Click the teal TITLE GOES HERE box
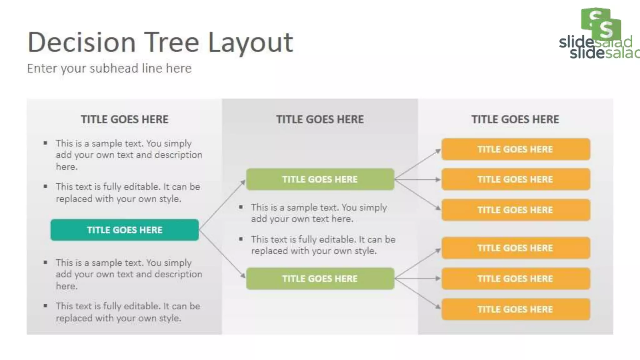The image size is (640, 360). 124,230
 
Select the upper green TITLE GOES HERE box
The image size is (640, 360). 320,179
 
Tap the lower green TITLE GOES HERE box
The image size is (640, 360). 320,278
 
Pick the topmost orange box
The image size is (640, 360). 516,149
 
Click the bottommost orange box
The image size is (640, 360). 516,309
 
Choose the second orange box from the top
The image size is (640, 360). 516,179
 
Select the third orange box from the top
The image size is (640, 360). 516,210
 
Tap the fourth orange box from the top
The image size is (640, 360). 516,248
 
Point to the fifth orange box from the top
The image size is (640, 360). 516,278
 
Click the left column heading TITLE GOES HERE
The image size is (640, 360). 124,119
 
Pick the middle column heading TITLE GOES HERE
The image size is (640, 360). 320,119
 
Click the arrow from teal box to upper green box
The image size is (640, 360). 222,205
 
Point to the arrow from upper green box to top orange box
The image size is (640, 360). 417,164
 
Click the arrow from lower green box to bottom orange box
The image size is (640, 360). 417,293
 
